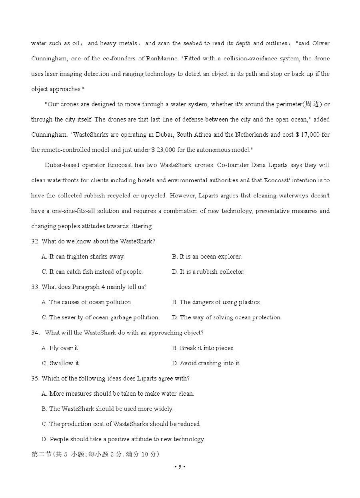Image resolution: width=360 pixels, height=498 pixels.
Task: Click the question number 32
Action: tap(35, 241)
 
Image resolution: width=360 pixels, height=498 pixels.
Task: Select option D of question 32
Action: tap(208, 272)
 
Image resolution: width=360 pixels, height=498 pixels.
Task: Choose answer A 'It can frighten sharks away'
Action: tap(83, 257)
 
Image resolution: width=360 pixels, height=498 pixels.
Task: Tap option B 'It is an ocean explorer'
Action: tap(207, 257)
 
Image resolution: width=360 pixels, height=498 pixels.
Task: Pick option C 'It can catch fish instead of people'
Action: tap(92, 272)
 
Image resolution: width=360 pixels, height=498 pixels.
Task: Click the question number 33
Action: tap(35, 287)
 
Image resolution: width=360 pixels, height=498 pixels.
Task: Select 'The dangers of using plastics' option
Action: tap(216, 302)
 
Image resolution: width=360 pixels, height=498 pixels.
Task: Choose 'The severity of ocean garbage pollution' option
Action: tap(100, 317)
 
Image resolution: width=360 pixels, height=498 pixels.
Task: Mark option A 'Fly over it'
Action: tap(60, 348)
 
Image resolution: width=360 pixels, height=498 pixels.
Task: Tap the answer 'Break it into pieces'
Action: tap(203, 348)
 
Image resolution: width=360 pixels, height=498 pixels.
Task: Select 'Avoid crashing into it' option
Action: tap(206, 363)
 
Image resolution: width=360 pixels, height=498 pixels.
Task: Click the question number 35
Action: tap(35, 378)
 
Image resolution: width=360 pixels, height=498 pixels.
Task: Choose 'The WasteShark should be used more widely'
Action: tap(107, 409)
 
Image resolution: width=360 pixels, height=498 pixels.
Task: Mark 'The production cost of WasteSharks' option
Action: tap(121, 424)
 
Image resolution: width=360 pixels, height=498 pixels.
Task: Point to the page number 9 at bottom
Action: tap(180, 466)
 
